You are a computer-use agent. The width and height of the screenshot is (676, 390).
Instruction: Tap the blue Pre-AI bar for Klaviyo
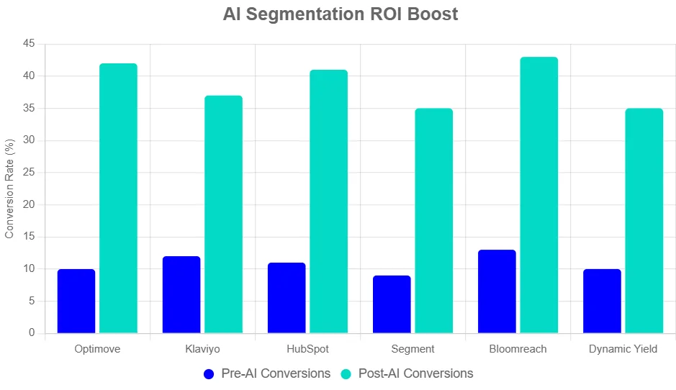pos(181,294)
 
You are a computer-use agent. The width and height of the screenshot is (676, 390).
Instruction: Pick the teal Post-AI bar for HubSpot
pos(328,201)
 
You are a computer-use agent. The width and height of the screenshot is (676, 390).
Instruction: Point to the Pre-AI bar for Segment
pos(392,304)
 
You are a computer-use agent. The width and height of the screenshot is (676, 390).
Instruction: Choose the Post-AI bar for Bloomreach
pos(538,195)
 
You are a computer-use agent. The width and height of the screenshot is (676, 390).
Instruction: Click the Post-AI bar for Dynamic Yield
pos(644,221)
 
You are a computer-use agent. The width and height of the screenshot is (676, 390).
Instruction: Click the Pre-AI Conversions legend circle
pos(209,374)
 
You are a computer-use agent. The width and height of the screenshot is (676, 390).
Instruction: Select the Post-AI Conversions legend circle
pos(346,374)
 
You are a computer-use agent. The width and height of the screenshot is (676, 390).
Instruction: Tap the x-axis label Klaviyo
pos(202,349)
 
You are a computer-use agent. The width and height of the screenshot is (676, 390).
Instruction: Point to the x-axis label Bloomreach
pos(518,349)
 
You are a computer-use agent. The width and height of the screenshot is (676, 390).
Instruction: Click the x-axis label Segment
pos(413,349)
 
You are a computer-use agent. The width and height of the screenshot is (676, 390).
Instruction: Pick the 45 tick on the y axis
pos(29,44)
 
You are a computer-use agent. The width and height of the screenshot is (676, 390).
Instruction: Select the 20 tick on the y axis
pos(29,205)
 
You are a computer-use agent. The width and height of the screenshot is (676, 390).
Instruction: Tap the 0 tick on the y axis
pos(32,333)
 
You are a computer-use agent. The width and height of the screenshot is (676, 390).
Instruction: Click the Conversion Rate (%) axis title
pos(10,189)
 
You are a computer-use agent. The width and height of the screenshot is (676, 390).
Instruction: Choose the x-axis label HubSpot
pos(307,349)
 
